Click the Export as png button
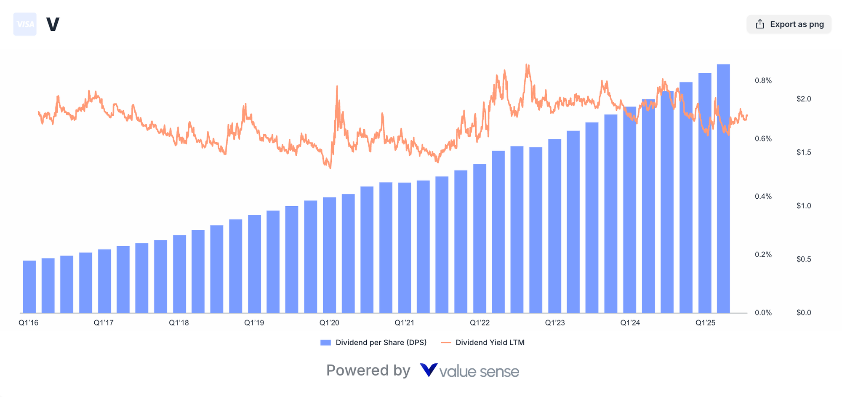pos(789,24)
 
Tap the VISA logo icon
pos(25,24)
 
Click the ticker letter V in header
pos(53,24)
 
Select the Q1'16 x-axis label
pos(29,323)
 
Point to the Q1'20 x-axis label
pos(329,323)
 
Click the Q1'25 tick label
pos(705,323)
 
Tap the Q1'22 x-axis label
pos(480,323)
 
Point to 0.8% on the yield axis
pos(763,80)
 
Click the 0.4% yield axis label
pos(763,197)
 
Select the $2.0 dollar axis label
pos(804,99)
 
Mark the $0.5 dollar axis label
pos(804,259)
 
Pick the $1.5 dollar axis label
pos(804,152)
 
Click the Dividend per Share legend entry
pos(373,343)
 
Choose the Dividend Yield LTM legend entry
pos(483,343)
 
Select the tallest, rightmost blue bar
pos(723,189)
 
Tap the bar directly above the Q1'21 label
pos(405,248)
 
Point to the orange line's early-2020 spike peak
pos(337,86)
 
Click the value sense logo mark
pos(429,370)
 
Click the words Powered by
pos(368,370)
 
